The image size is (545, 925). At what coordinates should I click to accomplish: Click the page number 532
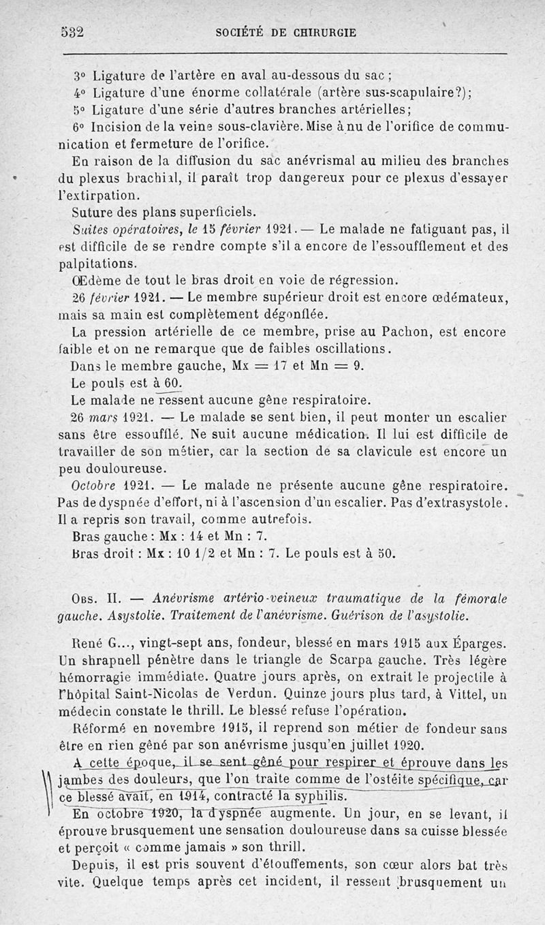coord(72,32)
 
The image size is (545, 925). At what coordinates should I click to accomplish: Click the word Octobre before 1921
coord(95,486)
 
